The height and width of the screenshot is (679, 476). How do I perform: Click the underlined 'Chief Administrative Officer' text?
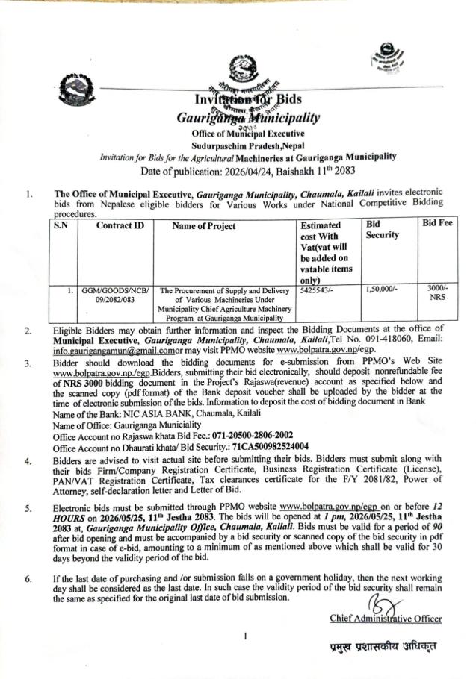pyautogui.click(x=385, y=618)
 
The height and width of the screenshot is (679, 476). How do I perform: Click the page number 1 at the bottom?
pyautogui.click(x=246, y=636)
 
